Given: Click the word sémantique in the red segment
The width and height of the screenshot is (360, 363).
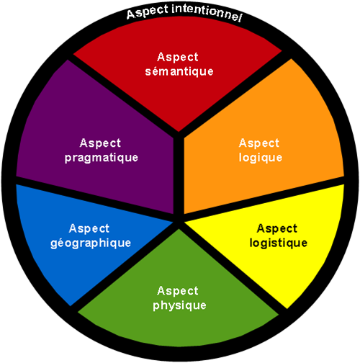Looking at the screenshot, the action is coord(179,71).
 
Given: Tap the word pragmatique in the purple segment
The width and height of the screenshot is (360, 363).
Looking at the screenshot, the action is coord(102,158).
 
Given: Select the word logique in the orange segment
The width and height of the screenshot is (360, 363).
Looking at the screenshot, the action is coord(261,158).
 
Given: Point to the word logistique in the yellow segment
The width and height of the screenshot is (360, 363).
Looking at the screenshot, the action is coord(279,243).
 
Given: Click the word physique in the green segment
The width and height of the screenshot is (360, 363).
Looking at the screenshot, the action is coord(179,305).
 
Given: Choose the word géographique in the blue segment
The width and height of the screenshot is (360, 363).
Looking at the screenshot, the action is coord(91,243).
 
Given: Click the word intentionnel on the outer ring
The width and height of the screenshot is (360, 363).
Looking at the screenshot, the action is coord(207,13).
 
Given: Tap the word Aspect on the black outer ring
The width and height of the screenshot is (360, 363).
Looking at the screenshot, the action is coord(147,12).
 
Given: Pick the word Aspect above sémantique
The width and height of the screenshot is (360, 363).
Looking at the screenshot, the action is coord(178,57).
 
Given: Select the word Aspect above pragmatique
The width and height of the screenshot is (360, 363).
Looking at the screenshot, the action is coord(100,143).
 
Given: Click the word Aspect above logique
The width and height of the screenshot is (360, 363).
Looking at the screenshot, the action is coord(259,143).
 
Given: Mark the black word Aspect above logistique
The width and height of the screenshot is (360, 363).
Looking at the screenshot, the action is coord(277,228).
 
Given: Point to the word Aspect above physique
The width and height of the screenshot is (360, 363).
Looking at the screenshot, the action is coord(178,291).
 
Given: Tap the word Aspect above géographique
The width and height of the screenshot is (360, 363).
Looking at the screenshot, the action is coord(89,228).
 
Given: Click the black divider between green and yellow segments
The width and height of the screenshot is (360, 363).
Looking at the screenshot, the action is coord(233,266).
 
